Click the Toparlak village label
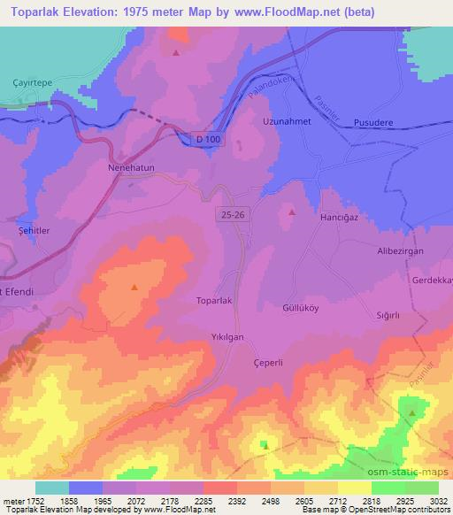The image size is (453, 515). [x=213, y=301]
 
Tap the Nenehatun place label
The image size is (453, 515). [x=133, y=165]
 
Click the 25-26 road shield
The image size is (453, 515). [x=229, y=214]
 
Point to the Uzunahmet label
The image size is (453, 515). [x=284, y=121]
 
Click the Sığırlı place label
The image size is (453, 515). [x=389, y=315]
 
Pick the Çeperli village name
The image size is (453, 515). [x=268, y=362]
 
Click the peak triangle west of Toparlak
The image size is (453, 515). [x=134, y=288]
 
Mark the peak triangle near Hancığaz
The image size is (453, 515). [x=292, y=212]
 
